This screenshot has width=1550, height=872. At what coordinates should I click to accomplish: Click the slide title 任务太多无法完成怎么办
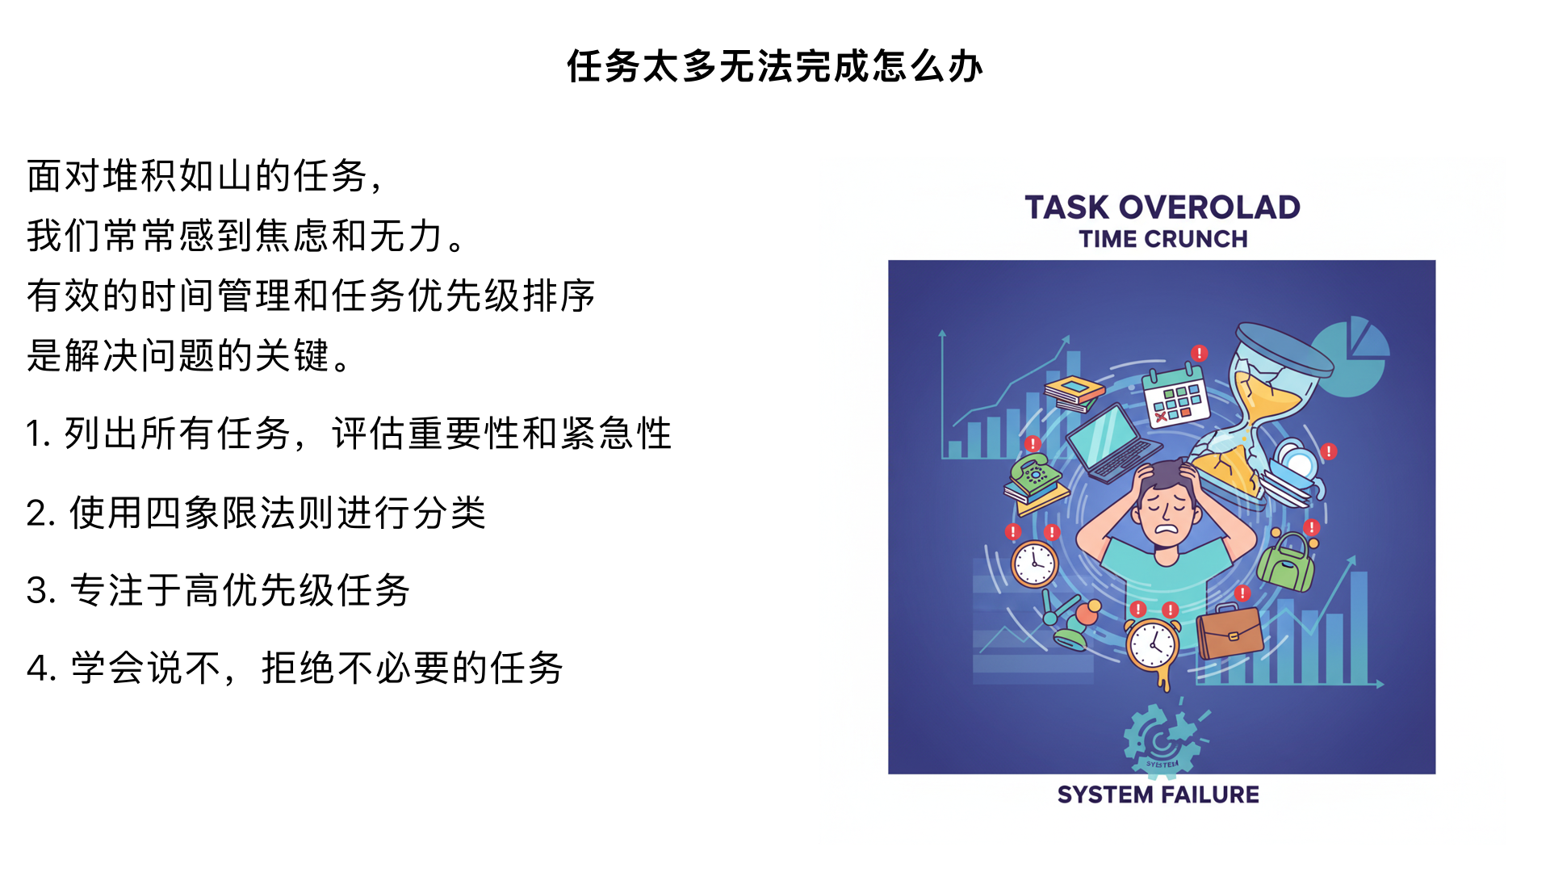774,66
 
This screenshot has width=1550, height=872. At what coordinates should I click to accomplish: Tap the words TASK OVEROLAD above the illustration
1162,208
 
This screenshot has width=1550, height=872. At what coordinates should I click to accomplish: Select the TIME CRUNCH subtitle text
1162,239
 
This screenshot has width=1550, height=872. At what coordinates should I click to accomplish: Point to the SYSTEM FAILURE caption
1158,794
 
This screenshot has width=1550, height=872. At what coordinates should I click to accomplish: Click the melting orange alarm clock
1153,645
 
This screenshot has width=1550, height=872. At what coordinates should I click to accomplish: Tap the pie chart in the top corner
1352,356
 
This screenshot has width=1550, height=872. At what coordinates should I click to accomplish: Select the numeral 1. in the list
38,434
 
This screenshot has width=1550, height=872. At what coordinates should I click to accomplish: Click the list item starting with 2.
256,513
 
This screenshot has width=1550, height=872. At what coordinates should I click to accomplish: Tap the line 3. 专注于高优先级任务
218,590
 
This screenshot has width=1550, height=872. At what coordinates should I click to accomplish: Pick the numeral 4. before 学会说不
40,669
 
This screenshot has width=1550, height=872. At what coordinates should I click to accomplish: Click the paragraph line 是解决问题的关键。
190,355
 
